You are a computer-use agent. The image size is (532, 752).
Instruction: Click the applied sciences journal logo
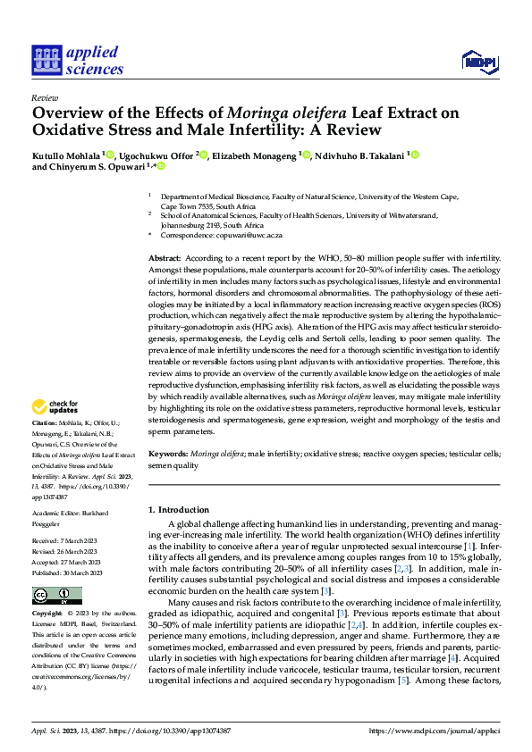pyautogui.click(x=77, y=60)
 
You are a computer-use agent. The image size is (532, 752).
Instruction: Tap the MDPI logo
pyautogui.click(x=477, y=61)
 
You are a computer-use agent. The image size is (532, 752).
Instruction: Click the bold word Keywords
pyautogui.click(x=168, y=455)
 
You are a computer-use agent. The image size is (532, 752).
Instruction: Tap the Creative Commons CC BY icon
pyautogui.click(x=55, y=595)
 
